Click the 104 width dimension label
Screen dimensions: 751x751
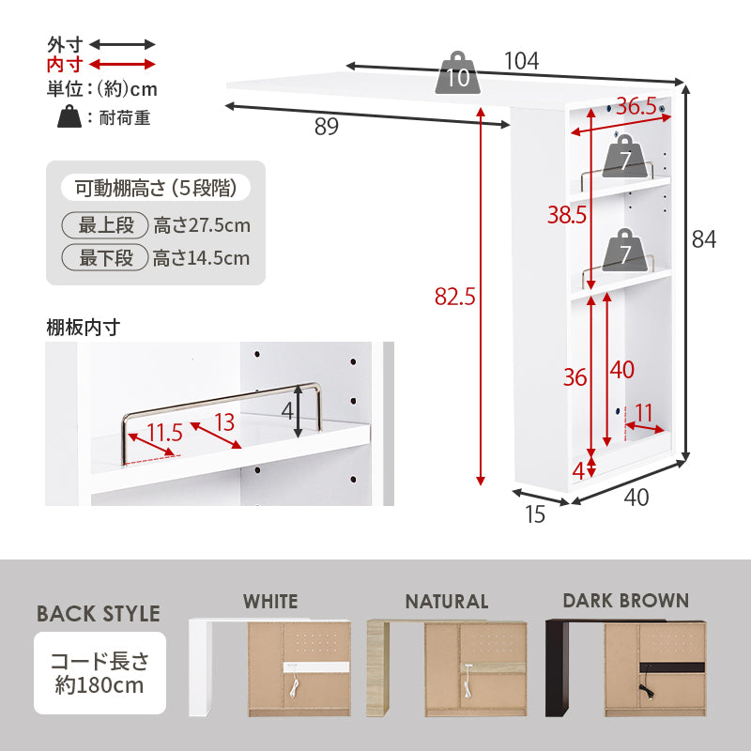click(x=521, y=61)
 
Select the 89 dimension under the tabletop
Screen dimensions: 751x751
click(x=326, y=127)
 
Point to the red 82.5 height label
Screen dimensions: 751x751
click(x=455, y=297)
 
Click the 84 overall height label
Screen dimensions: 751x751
click(x=704, y=239)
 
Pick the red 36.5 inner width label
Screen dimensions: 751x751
click(x=636, y=107)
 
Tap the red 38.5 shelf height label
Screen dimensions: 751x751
click(x=567, y=215)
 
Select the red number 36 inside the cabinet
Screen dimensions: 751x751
click(x=575, y=377)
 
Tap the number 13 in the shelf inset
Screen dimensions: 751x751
click(x=223, y=422)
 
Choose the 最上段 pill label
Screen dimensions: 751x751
click(x=106, y=226)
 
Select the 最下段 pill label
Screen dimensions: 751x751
click(x=106, y=258)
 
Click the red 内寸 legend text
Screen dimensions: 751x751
click(x=65, y=64)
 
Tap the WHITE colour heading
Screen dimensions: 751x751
click(x=270, y=602)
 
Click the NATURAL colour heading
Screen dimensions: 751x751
click(x=447, y=602)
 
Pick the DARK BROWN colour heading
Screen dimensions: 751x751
click(x=625, y=601)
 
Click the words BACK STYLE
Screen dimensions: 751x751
click(x=99, y=614)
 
